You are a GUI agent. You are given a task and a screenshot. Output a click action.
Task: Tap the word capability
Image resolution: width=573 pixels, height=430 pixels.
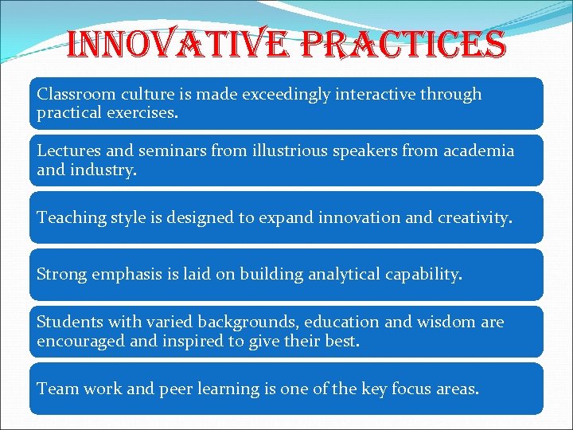pyautogui.click(x=425, y=275)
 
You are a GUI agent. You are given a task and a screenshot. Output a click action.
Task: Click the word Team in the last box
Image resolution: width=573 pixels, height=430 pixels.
pyautogui.click(x=56, y=389)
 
